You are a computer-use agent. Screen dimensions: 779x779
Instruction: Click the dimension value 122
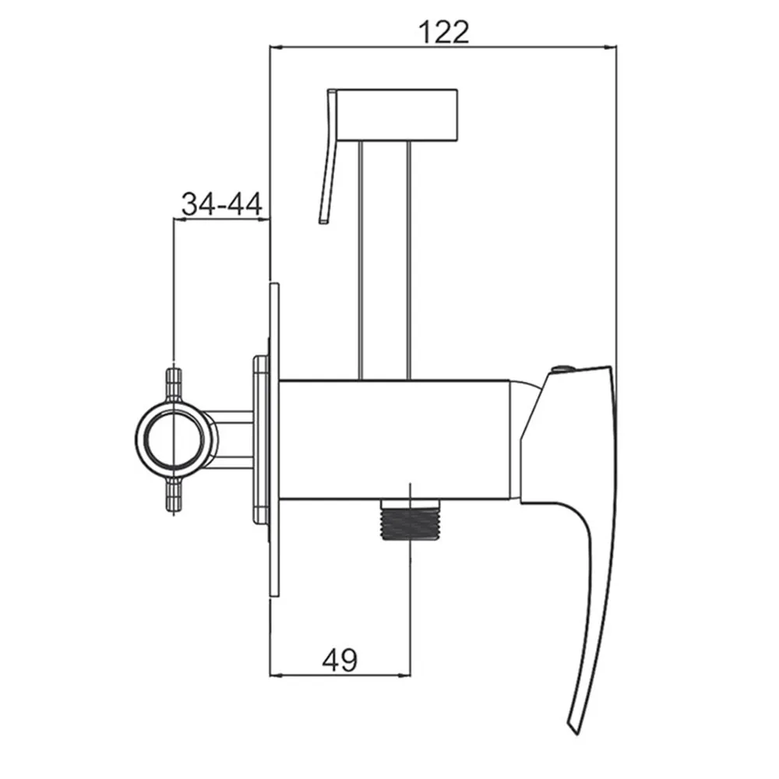444,33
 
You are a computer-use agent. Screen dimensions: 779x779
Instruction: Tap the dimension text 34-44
221,203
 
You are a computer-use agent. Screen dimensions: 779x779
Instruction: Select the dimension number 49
340,661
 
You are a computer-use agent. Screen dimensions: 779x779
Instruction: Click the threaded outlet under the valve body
410,519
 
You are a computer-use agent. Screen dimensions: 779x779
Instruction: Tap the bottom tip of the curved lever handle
574,731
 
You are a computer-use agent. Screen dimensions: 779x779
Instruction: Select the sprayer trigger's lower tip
323,220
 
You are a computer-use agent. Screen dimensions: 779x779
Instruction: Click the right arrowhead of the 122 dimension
612,48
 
